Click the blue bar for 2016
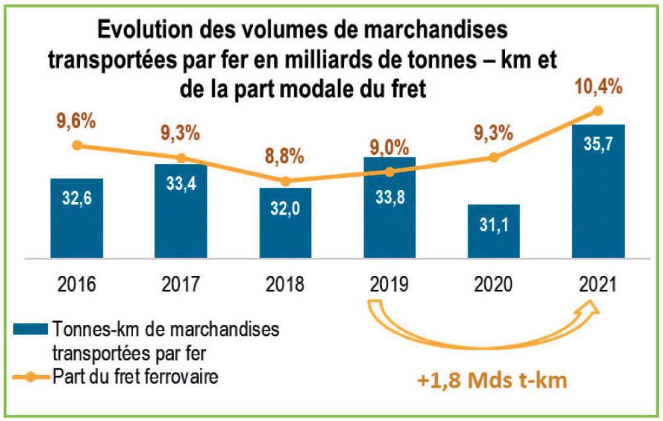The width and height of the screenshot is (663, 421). [x=76, y=218]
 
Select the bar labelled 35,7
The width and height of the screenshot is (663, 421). [x=598, y=191]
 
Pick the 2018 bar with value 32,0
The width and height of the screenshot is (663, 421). [x=285, y=223]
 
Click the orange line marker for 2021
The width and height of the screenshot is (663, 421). [x=598, y=111]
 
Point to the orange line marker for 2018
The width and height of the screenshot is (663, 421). [x=286, y=181]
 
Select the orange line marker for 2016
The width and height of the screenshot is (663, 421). [x=76, y=145]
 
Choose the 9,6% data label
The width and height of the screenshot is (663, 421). [x=76, y=121]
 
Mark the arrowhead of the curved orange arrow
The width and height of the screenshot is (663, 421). [x=590, y=307]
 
